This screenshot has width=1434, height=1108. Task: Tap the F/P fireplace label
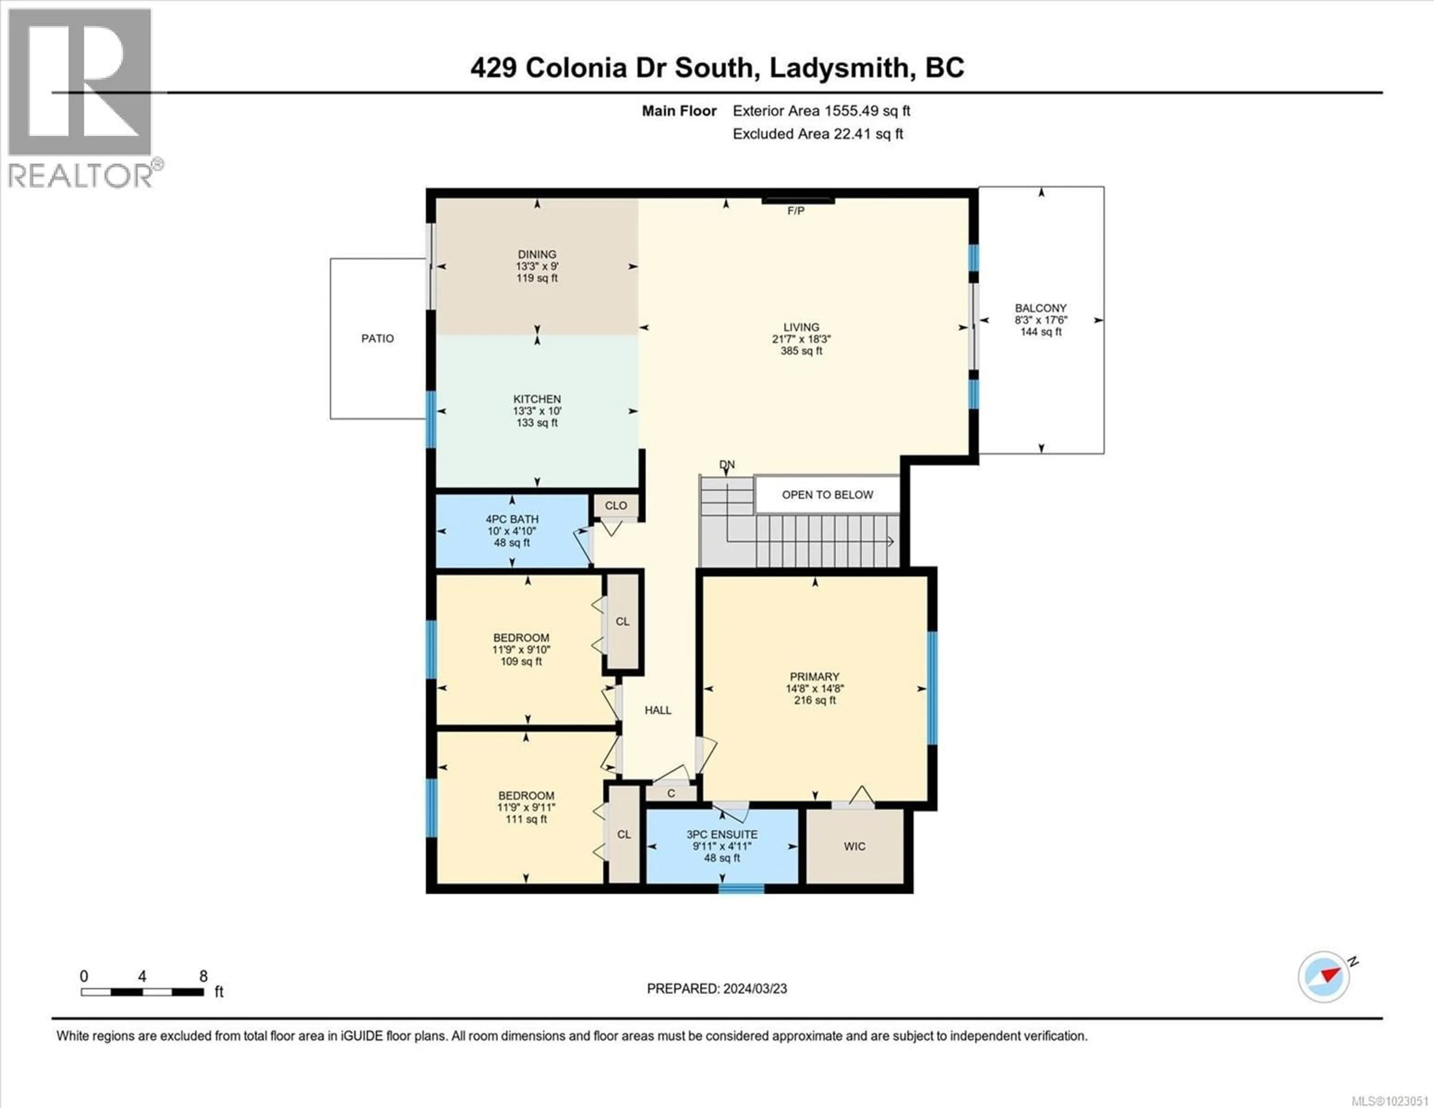pyautogui.click(x=796, y=211)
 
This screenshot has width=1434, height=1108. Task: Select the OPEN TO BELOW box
pyautogui.click(x=827, y=494)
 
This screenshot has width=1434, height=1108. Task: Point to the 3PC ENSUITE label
pyautogui.click(x=721, y=834)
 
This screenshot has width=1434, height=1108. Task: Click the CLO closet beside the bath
pyautogui.click(x=616, y=506)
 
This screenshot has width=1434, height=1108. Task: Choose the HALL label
pyautogui.click(x=658, y=710)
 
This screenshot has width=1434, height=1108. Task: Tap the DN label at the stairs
pyautogui.click(x=727, y=464)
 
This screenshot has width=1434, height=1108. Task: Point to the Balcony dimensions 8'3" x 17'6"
pyautogui.click(x=1041, y=320)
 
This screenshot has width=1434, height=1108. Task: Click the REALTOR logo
pyautogui.click(x=80, y=99)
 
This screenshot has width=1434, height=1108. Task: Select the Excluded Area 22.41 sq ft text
pyautogui.click(x=817, y=134)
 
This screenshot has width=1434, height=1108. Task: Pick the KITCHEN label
pyautogui.click(x=537, y=399)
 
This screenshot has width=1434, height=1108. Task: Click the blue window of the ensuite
pyautogui.click(x=741, y=889)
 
